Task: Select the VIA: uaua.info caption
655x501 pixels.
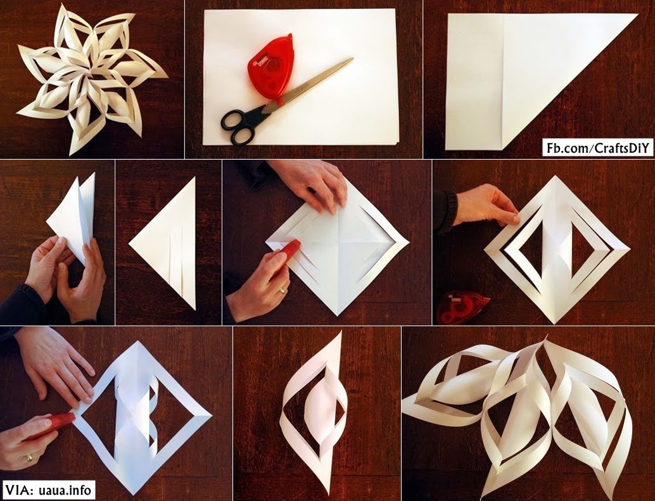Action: coord(49,490)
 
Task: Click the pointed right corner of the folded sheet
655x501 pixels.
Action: coord(635,15)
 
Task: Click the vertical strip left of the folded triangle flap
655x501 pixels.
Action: coord(472,82)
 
